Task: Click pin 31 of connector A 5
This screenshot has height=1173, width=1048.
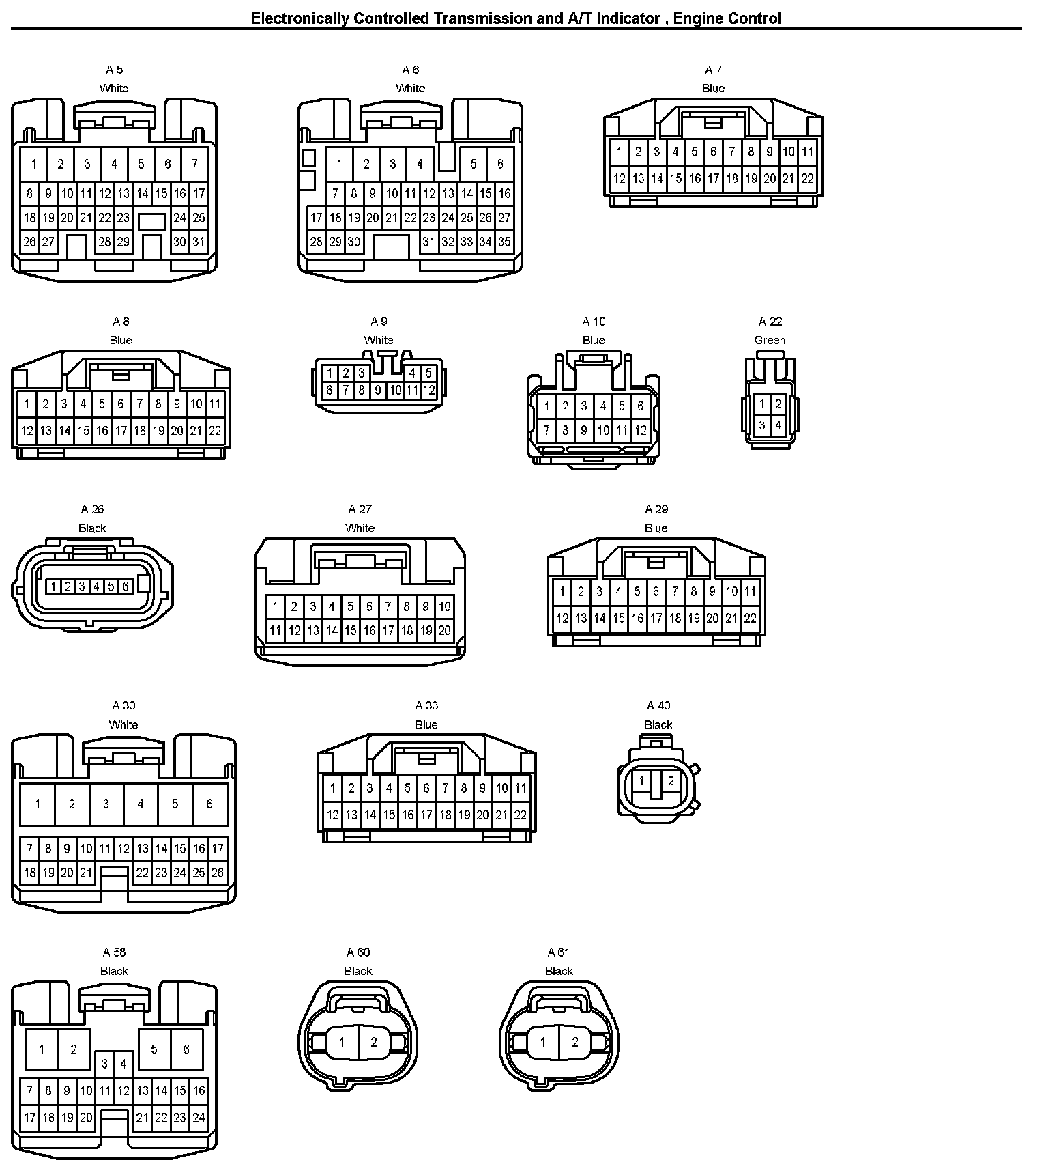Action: [x=199, y=242]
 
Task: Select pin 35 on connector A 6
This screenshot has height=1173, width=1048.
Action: [x=504, y=242]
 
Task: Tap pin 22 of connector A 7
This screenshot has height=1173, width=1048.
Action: [x=807, y=179]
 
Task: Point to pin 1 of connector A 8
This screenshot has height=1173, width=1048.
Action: [x=27, y=404]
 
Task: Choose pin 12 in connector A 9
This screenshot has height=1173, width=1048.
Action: [x=428, y=391]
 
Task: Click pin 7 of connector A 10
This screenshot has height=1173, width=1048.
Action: [x=547, y=431]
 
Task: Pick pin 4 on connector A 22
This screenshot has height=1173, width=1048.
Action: [x=778, y=425]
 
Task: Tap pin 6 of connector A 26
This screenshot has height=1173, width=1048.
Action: [x=126, y=586]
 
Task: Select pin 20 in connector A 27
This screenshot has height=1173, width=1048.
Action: [x=444, y=631]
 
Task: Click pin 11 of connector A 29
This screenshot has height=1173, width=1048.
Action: [x=750, y=591]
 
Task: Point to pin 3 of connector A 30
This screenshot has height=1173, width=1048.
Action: [x=106, y=804]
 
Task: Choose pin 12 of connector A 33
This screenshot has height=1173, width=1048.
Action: [x=332, y=815]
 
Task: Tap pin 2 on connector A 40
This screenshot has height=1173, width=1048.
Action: [x=671, y=781]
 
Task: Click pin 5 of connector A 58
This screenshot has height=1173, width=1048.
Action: [x=154, y=1049]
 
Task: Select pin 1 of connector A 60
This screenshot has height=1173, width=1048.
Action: [x=342, y=1043]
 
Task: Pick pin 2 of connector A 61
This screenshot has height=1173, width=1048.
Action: [x=574, y=1043]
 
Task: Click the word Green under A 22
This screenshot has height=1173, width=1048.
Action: [x=770, y=340]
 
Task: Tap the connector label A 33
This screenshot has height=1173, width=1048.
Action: [x=426, y=705]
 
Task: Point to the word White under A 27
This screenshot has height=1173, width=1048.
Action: [x=360, y=528]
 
